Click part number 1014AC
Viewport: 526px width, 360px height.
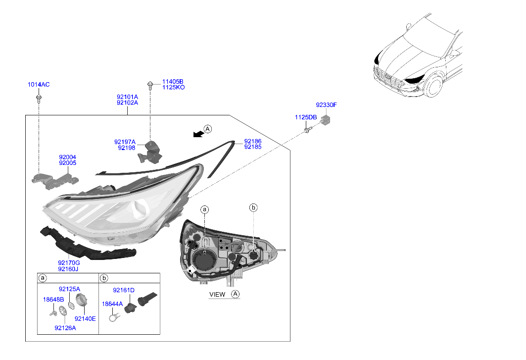[39, 85]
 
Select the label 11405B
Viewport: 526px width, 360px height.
[173, 82]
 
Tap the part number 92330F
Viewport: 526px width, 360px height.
[326, 105]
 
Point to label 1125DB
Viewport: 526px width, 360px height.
[306, 117]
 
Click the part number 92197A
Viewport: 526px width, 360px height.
[125, 142]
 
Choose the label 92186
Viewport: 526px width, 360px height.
[252, 142]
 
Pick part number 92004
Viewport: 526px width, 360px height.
[67, 157]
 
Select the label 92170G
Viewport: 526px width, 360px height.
[69, 263]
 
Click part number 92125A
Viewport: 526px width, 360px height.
[69, 289]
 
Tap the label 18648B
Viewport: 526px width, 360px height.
[53, 300]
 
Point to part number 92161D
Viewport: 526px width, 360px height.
[123, 290]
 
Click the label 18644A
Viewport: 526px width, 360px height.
[112, 304]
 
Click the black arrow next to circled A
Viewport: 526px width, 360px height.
[198, 134]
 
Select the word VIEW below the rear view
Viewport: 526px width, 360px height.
[217, 295]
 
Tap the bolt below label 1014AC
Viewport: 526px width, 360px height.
[39, 99]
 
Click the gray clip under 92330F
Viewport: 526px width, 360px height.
[325, 119]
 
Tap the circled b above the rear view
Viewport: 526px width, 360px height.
[253, 208]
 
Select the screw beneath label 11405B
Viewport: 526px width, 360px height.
[150, 85]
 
